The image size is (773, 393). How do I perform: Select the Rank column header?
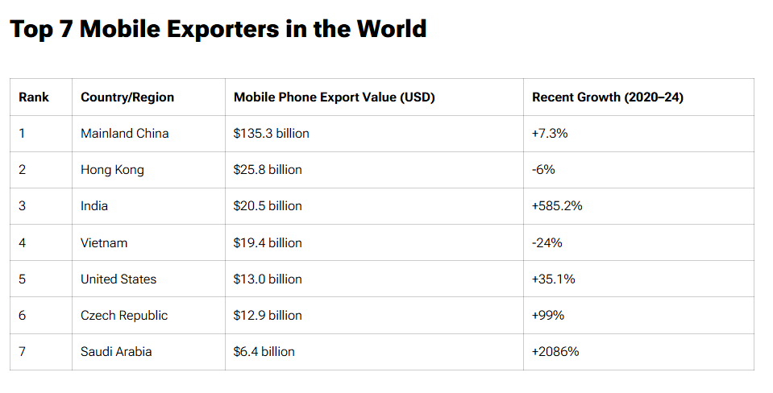[x=34, y=97]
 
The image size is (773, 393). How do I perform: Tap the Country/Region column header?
[x=127, y=97]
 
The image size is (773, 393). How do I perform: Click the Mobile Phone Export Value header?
[x=334, y=97]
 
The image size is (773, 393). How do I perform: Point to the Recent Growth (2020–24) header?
[x=608, y=97]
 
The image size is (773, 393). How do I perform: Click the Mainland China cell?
[x=125, y=134]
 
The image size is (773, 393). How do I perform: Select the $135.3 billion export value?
[x=271, y=134]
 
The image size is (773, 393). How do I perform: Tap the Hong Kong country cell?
[x=112, y=170]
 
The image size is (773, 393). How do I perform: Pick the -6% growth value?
[x=543, y=170]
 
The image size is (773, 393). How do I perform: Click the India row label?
[x=94, y=206]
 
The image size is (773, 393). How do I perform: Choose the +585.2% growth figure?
[x=557, y=206]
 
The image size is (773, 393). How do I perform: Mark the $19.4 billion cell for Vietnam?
[x=268, y=242]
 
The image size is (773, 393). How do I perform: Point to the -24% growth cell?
[x=547, y=242]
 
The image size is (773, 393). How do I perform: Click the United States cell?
[x=118, y=279]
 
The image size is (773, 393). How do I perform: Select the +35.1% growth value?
[x=554, y=279]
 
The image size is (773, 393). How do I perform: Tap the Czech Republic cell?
[x=124, y=315]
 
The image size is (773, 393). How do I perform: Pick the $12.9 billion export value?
[x=268, y=315]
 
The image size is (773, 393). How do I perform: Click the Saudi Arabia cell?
[x=116, y=351]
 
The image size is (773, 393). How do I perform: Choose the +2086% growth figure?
[x=555, y=351]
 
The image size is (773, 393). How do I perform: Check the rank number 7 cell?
[x=23, y=351]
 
